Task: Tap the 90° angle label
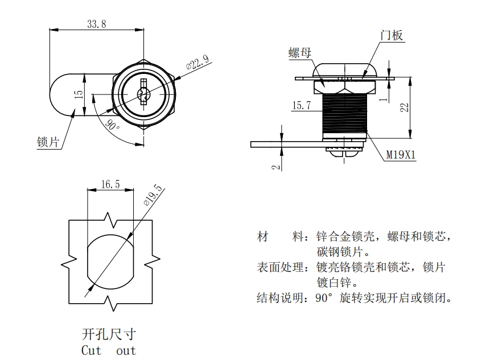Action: tap(112, 125)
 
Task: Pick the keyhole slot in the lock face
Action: tap(143, 93)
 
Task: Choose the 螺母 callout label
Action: tap(300, 53)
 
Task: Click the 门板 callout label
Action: tap(392, 35)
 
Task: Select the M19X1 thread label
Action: tap(401, 154)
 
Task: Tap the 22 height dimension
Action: tap(404, 107)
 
